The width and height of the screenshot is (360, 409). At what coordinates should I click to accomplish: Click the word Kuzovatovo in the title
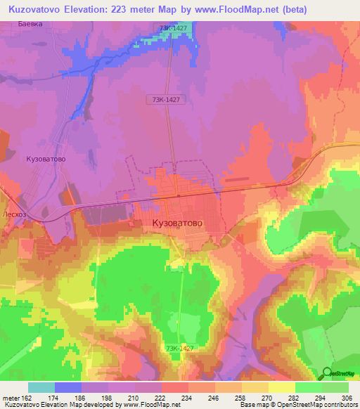[37, 9]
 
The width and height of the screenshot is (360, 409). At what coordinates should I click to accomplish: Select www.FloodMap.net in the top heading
[227, 9]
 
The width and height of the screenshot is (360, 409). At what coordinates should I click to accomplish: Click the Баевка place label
[30, 24]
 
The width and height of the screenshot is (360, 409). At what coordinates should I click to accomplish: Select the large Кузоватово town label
[177, 223]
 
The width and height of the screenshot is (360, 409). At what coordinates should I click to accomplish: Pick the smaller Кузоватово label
[46, 160]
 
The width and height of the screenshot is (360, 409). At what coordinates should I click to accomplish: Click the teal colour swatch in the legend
[41, 387]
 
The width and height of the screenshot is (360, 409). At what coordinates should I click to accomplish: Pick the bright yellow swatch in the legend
[281, 387]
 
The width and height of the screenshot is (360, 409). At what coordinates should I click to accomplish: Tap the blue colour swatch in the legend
[68, 387]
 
